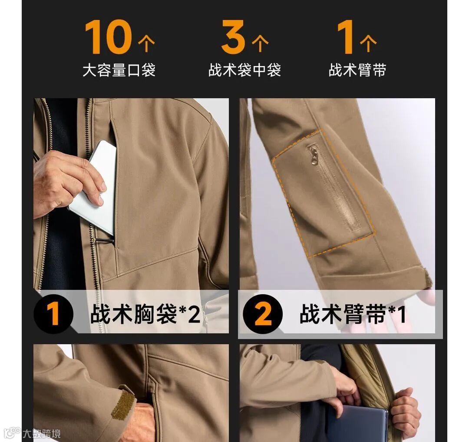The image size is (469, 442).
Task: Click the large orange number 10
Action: point(108,37)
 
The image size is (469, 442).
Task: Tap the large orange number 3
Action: point(233,37)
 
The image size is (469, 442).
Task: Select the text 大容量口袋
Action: point(119,70)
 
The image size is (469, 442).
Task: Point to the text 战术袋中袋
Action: point(244,70)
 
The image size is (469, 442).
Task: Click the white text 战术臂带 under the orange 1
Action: point(357,70)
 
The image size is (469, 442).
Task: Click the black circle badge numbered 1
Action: point(53,314)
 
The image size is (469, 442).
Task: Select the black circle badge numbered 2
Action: point(263,314)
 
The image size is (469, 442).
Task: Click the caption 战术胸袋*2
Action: point(145,314)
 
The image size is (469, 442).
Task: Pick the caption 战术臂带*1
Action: point(353,314)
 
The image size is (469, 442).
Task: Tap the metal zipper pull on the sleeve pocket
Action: point(313,154)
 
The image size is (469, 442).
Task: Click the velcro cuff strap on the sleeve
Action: point(123,404)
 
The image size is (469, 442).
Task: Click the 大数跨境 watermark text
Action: point(42,434)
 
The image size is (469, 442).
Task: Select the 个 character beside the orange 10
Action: point(146,44)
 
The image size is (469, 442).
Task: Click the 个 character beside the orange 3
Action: point(260,44)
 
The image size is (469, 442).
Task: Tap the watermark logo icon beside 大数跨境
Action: point(13,433)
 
